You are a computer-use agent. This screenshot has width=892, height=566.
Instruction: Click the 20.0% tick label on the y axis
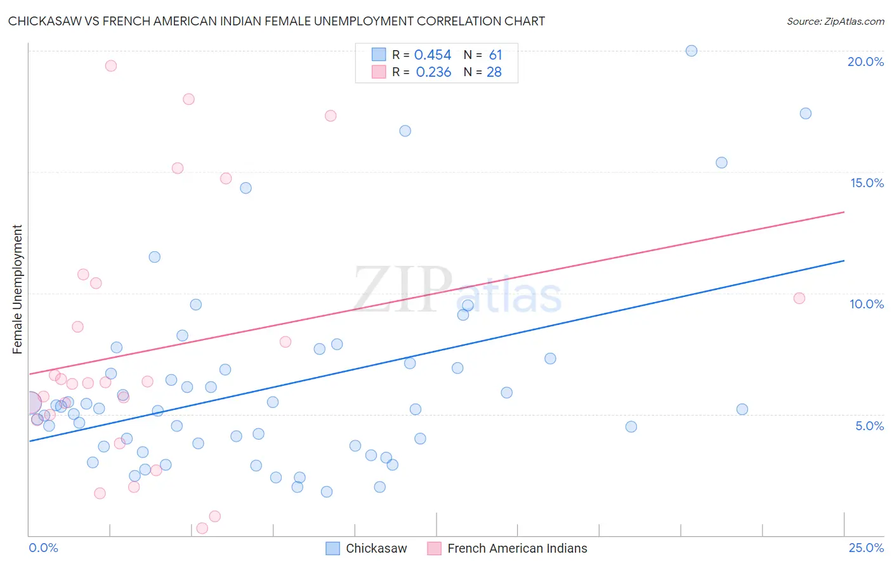pos(865,62)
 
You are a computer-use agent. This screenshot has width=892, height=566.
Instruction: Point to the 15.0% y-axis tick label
pos(867,183)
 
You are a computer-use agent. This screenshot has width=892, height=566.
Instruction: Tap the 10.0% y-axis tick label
pos(867,304)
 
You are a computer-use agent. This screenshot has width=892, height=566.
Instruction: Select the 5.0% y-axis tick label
pos(869,426)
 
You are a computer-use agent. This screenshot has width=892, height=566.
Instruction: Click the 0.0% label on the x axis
pos(43,548)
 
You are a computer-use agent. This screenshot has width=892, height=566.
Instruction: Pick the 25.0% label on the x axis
pos(866,548)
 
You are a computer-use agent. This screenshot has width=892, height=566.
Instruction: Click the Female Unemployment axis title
pos(17,289)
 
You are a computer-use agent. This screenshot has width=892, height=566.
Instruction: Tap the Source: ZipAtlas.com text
pos(835,21)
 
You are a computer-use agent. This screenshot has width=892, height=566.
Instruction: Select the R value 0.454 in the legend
pos(433,55)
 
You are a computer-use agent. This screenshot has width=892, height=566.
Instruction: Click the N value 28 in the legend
pos(494,72)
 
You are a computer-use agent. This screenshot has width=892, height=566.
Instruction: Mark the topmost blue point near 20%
pos(692,51)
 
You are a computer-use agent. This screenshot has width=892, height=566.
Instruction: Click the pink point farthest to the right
pos(799,298)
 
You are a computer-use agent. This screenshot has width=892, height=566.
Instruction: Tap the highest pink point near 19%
pos(111,66)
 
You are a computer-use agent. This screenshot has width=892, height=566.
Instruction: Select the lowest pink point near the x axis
pos(202,528)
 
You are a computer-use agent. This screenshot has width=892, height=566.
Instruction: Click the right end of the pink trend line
pos(844,212)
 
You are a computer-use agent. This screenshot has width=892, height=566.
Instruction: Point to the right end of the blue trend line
pos(844,261)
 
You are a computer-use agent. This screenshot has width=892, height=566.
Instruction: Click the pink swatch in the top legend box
pos(379,72)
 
